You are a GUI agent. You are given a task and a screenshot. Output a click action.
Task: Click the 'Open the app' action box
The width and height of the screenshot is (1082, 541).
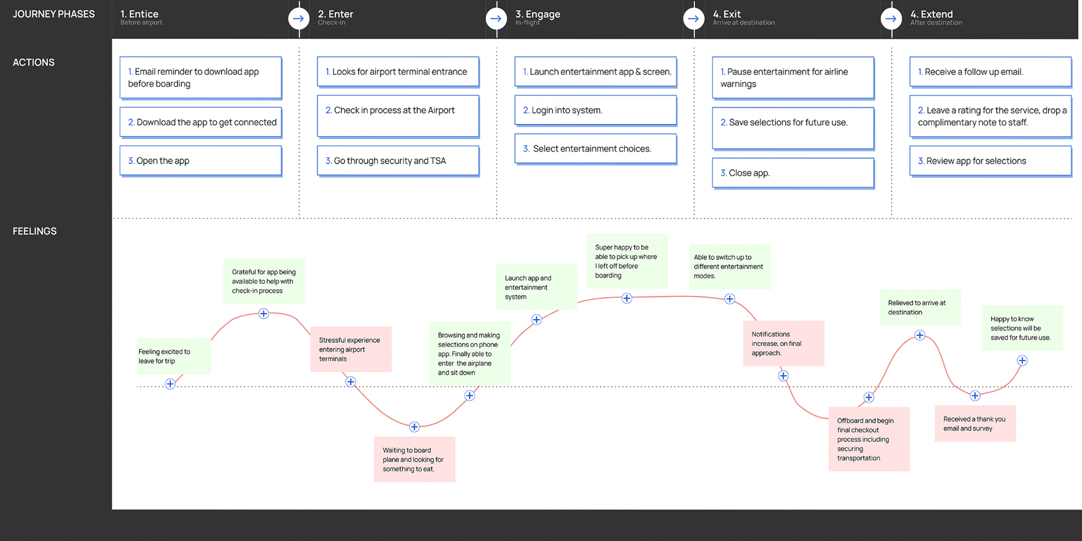(201, 161)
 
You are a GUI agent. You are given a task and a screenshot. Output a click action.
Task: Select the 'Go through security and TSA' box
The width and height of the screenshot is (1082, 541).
(398, 161)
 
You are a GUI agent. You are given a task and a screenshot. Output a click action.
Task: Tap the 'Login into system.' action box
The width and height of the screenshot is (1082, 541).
(596, 110)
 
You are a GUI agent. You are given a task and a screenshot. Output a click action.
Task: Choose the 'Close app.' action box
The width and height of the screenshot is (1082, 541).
(793, 173)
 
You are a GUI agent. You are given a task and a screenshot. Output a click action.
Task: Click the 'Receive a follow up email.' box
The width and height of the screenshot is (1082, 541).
(991, 72)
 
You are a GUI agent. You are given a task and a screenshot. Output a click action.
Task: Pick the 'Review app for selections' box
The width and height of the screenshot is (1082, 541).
(991, 161)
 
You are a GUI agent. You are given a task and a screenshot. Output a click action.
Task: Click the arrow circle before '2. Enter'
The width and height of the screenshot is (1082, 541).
(299, 19)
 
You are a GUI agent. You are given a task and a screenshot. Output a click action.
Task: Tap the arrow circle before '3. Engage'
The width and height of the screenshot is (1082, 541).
(496, 19)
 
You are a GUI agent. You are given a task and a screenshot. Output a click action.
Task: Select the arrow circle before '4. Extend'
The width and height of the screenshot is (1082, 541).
(891, 19)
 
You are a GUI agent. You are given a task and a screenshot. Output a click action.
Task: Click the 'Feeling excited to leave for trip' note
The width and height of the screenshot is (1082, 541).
(174, 356)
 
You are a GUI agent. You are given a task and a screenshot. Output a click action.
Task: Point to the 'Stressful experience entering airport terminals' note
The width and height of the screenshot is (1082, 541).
(351, 349)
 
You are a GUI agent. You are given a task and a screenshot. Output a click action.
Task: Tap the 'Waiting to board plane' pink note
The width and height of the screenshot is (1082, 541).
(414, 459)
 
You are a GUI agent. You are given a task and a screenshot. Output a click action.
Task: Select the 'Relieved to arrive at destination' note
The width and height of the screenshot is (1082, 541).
(920, 307)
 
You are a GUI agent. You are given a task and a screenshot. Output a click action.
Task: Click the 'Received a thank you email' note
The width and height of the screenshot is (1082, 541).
(975, 424)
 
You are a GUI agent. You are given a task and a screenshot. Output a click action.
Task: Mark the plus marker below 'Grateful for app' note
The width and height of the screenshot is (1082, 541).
(263, 314)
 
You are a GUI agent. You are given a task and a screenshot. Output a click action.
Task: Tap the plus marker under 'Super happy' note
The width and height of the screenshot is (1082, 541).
(627, 298)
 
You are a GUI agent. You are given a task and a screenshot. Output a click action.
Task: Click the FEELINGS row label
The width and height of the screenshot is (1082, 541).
(34, 231)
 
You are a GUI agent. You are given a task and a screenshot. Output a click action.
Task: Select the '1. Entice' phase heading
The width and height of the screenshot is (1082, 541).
(139, 14)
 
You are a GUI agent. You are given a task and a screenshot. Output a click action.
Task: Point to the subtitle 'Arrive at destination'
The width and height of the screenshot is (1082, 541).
(744, 23)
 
